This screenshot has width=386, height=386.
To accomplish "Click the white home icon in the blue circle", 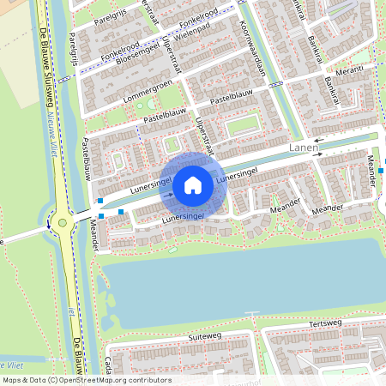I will tap(193, 184).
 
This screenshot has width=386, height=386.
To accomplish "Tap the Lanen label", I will tap(305, 148).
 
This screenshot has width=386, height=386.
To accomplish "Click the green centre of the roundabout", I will tap(62, 223).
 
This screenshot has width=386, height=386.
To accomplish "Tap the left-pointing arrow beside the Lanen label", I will tap(318, 139).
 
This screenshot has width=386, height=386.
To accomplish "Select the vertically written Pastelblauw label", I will tap(87, 160).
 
